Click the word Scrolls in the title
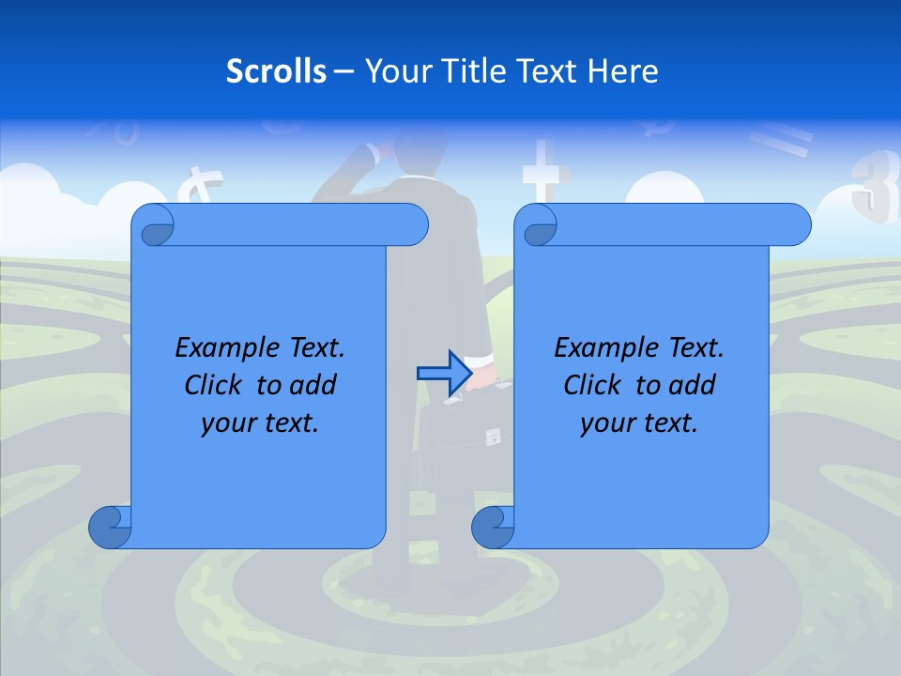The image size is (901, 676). [x=276, y=71]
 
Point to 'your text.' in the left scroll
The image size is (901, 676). [x=260, y=423]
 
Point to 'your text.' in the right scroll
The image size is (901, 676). [x=639, y=423]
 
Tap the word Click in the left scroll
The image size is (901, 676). [x=217, y=386]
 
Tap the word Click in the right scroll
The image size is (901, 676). [x=596, y=386]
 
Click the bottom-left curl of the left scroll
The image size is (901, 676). [x=111, y=527]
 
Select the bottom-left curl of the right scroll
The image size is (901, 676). [x=493, y=527]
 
